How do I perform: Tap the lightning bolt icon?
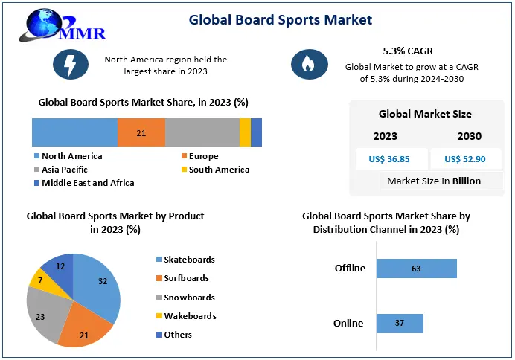point(71,65)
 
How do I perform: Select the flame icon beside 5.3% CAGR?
point(304,65)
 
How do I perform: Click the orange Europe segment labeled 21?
point(141,132)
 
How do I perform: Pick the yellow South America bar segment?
point(245,132)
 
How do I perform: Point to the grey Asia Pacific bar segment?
point(202,132)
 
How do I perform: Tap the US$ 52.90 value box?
point(465,158)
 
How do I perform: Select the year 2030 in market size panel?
point(469,136)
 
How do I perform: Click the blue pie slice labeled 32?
point(100,283)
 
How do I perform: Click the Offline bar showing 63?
point(416,269)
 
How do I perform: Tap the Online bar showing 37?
point(400,323)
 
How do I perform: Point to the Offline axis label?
point(350,269)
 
